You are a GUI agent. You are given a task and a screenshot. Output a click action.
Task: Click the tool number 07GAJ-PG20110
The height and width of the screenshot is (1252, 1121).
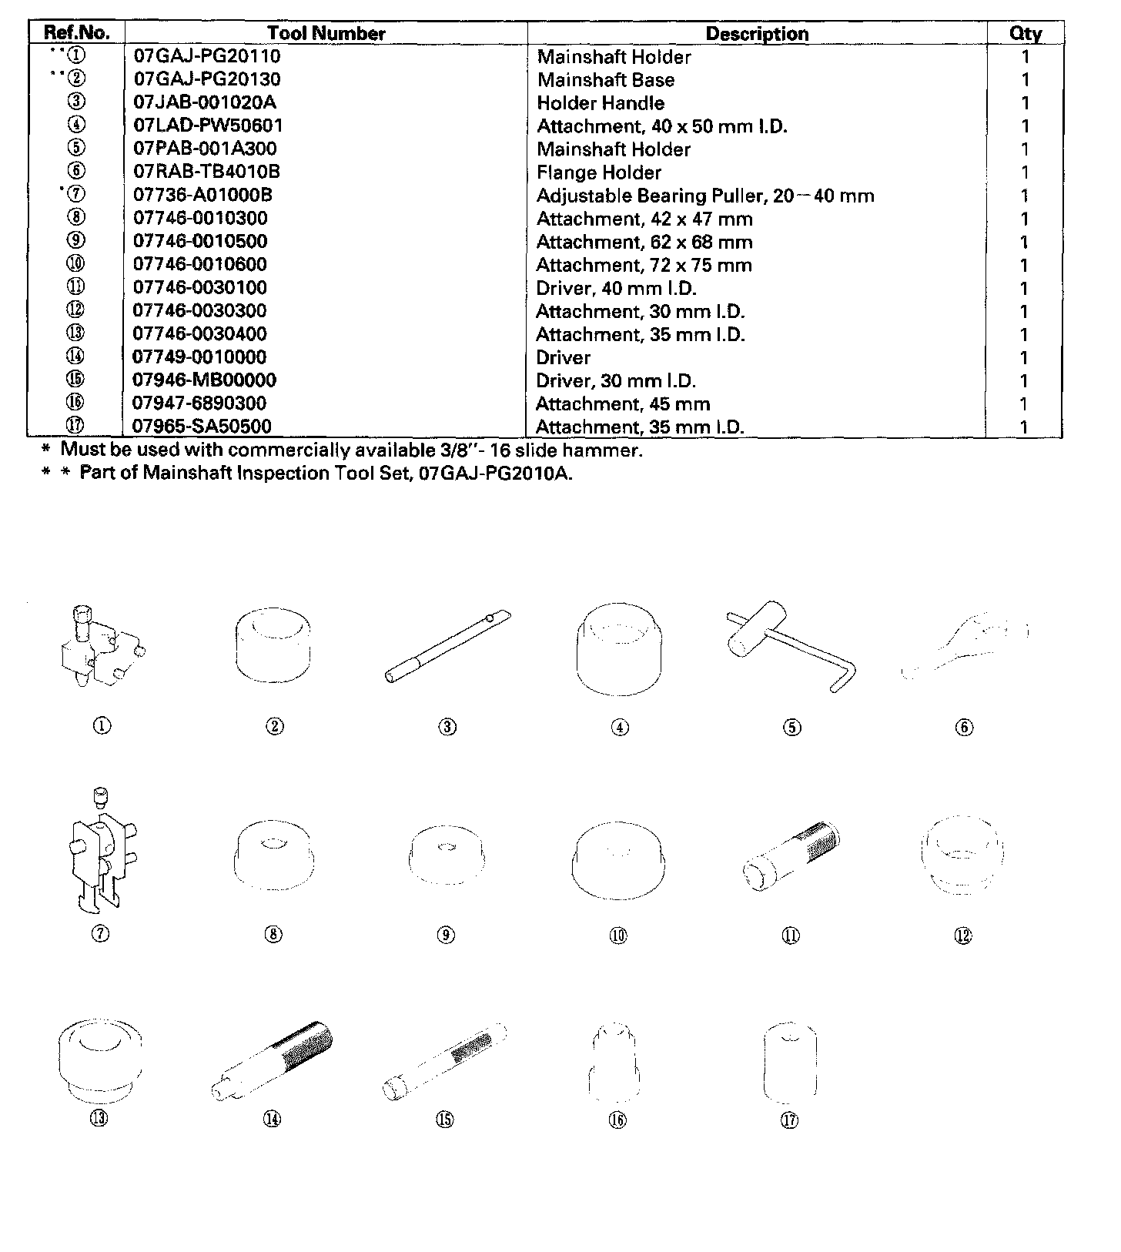point(207,56)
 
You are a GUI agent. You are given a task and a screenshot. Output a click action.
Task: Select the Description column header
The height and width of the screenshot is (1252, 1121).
point(757,34)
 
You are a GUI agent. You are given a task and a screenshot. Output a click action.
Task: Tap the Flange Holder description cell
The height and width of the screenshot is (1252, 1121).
point(599,172)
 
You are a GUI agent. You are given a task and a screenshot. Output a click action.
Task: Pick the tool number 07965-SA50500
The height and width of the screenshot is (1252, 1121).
point(202,426)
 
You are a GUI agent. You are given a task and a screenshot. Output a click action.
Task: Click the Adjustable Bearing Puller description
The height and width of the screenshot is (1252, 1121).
point(705,196)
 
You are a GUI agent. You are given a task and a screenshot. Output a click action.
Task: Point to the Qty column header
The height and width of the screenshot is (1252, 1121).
point(1025,34)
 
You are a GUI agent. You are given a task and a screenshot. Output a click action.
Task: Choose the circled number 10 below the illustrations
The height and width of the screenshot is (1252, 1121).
point(618,936)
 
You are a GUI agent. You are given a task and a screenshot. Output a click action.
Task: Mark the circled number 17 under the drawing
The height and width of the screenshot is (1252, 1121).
point(789,1120)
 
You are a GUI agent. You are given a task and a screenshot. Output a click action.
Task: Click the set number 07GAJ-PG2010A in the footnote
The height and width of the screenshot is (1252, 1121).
point(495,473)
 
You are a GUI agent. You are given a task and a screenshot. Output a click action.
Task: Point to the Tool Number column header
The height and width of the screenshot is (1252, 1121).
point(326,34)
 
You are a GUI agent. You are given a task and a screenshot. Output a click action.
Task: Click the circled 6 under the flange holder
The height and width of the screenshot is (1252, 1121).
point(965,727)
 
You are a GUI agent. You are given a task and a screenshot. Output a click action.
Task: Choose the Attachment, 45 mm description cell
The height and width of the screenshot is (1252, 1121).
point(623,403)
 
